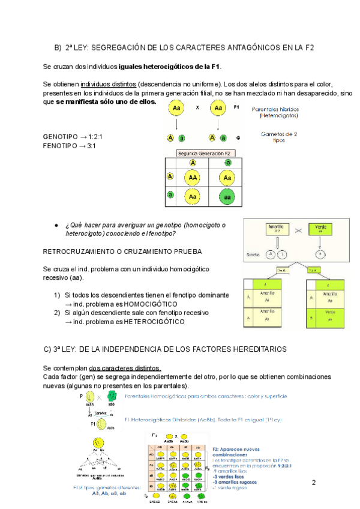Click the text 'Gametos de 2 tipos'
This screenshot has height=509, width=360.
pyautogui.click(x=277, y=137)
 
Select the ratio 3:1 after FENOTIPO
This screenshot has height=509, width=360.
pyautogui.click(x=95, y=145)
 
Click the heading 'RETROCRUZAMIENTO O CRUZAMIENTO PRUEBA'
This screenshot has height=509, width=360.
pyautogui.click(x=122, y=251)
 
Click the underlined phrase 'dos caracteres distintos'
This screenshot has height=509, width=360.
pyautogui.click(x=125, y=367)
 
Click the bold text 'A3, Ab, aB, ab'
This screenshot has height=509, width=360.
pyautogui.click(x=109, y=493)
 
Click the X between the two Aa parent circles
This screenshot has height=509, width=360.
pyautogui.click(x=197, y=108)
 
